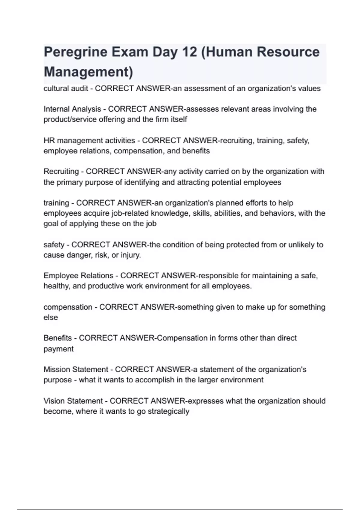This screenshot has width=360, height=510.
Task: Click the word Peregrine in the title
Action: click(x=76, y=52)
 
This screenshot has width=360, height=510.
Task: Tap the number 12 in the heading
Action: click(x=189, y=52)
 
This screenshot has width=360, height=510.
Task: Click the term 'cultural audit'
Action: click(x=66, y=88)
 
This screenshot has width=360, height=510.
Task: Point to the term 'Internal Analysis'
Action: click(x=72, y=109)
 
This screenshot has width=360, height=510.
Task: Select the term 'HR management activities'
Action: click(x=89, y=140)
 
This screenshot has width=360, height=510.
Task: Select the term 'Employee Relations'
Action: click(x=78, y=275)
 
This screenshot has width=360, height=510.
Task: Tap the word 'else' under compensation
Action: click(x=51, y=317)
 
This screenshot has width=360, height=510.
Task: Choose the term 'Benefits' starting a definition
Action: click(x=58, y=338)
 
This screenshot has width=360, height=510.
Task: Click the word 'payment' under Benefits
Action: click(x=58, y=349)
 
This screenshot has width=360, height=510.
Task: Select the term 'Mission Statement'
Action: click(x=76, y=369)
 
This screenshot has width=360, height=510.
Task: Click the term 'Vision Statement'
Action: click(x=73, y=401)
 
